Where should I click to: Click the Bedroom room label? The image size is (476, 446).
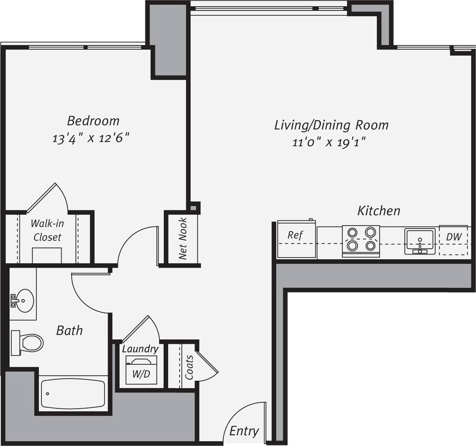(93, 121)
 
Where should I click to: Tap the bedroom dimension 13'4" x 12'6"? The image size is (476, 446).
(91, 138)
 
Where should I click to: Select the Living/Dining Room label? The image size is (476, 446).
(331, 125)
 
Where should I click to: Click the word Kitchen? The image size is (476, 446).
(379, 211)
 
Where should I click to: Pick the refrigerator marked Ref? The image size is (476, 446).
(296, 240)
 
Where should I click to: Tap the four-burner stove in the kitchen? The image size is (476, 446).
(361, 240)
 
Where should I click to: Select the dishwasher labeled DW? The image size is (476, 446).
(454, 240)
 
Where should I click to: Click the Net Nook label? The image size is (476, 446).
(183, 239)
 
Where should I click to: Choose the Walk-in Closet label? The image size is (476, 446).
(47, 230)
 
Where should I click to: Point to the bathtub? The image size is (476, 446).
(73, 394)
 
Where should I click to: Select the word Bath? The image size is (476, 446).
(69, 331)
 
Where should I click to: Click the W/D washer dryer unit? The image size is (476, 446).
(141, 371)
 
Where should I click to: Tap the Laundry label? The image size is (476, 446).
(140, 349)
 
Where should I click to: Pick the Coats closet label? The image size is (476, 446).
(189, 367)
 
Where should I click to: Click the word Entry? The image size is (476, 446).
(244, 431)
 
